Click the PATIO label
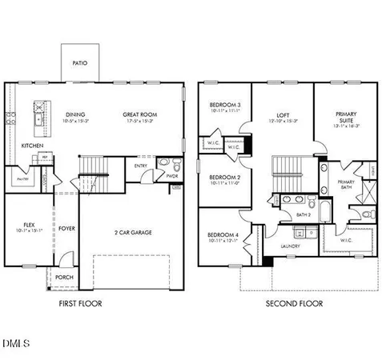pos(80,62)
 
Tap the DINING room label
pos(75,114)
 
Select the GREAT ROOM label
pos(139,114)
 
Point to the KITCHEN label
pos(33,146)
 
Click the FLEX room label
pos(29,225)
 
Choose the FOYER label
pos(66,229)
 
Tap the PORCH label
pos(63,278)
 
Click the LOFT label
pos(283,115)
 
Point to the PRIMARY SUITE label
pos(347,118)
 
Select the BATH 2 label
pos(303,214)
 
